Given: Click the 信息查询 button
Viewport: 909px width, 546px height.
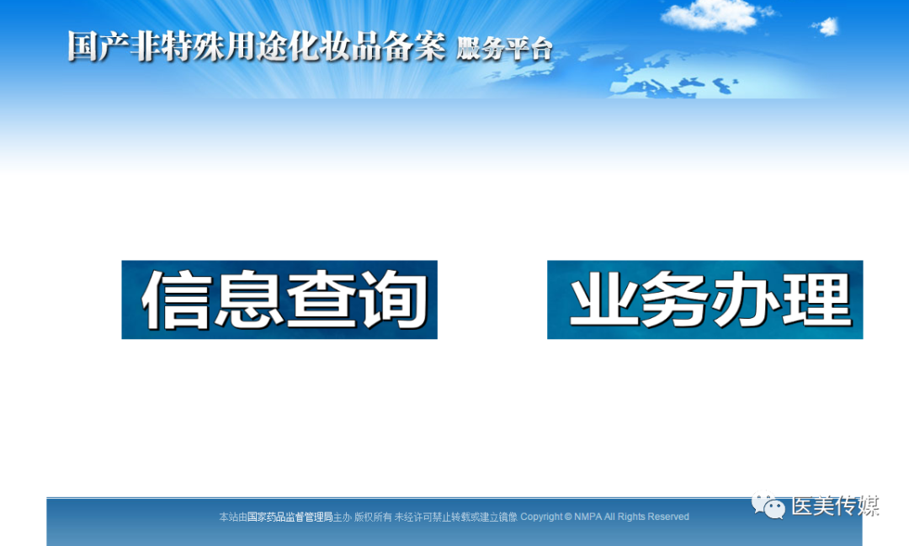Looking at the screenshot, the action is point(279,300).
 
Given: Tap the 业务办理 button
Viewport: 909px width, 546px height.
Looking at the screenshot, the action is point(705,300).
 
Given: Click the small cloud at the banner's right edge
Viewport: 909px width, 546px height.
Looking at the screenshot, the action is point(827,26).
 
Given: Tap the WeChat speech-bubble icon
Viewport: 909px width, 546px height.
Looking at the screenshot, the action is point(768,505).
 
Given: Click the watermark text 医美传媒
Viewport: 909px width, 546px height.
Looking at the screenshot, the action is point(836,506).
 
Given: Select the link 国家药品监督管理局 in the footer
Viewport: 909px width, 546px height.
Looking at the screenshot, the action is point(290,517).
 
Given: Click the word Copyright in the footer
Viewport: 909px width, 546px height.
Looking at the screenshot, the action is point(541,517).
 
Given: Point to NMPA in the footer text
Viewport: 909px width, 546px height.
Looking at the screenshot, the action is point(587,517).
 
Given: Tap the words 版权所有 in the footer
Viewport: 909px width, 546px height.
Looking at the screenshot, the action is point(373,517).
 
